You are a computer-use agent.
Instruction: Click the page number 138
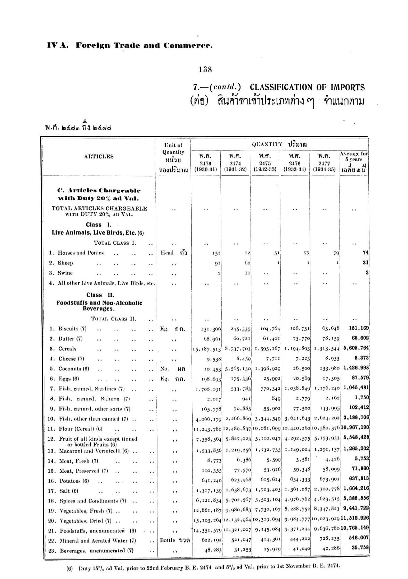[205, 70]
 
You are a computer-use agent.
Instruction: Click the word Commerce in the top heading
[188, 45]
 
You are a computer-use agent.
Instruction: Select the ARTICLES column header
[99, 156]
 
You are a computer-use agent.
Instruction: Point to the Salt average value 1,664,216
[356, 488]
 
